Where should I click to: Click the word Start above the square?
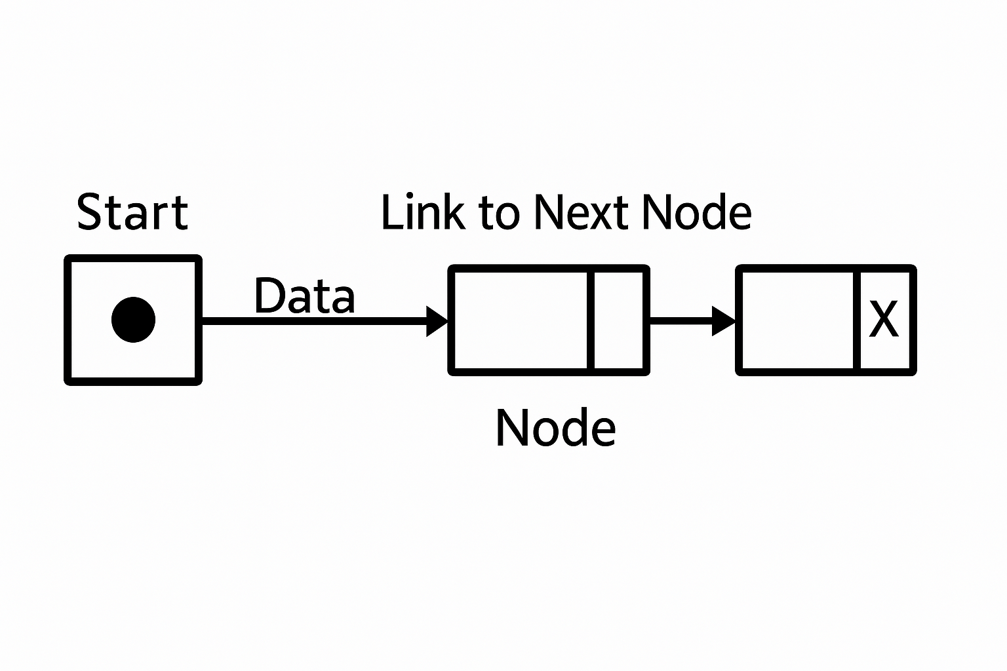[132, 212]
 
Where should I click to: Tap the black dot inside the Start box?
[133, 319]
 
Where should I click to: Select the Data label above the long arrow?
[304, 296]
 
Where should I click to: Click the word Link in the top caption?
[422, 212]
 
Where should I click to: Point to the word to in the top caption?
[499, 214]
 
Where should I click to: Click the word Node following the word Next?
[696, 212]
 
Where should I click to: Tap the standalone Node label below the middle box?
[555, 428]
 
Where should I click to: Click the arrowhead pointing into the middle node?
[437, 321]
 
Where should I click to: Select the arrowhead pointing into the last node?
[723, 320]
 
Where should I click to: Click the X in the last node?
[883, 320]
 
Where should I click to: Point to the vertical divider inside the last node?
[857, 320]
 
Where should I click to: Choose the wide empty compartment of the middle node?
[521, 320]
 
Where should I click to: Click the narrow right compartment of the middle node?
[619, 320]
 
